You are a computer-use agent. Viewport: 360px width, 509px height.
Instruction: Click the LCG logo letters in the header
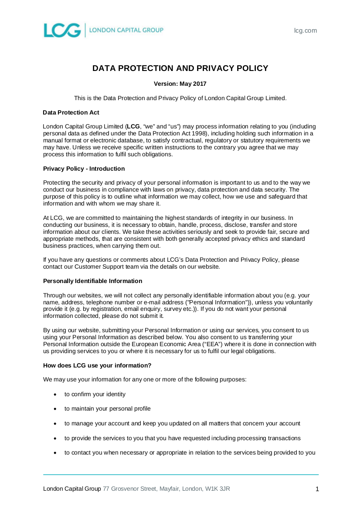point(62,30)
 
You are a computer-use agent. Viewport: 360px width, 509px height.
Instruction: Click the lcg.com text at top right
point(306,30)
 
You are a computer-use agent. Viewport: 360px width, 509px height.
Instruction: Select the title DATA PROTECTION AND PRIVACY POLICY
point(180,68)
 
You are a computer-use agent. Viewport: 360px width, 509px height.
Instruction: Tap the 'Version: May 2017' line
point(180,84)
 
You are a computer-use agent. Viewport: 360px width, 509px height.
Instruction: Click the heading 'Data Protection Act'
point(71,112)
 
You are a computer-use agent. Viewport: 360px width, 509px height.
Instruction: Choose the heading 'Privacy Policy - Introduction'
point(84,169)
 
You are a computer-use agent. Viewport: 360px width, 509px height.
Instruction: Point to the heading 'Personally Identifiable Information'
point(92,281)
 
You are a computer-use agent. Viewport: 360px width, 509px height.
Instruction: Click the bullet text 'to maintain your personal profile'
point(108,408)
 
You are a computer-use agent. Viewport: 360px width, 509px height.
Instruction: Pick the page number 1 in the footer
point(317,489)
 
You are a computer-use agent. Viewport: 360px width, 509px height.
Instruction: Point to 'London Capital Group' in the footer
point(72,489)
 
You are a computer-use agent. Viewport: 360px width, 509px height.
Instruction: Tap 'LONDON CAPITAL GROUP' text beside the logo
point(126,30)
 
